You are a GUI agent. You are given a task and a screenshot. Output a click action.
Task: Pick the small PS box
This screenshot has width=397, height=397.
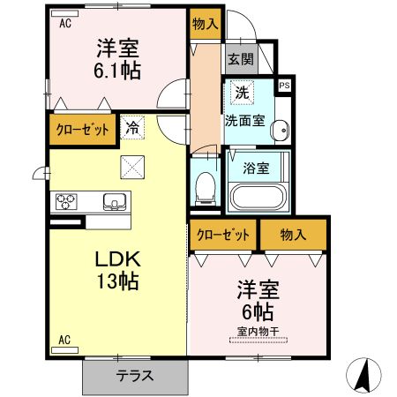pos(284,86)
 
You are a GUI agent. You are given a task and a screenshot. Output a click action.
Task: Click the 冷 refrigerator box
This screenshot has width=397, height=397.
pos(131,129)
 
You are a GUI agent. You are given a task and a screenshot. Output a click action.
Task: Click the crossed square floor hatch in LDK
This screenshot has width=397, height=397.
pos(131,165)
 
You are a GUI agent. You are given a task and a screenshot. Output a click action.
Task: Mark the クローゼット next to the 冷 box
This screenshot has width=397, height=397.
pos(83,129)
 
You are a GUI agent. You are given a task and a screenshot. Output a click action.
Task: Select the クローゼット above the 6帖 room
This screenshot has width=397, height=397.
pos(221,235)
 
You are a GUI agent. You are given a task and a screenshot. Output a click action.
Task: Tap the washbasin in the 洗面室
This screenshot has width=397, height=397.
pos(281,130)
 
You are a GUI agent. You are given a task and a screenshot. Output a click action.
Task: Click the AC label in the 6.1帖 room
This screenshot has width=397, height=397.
pos(64,25)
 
